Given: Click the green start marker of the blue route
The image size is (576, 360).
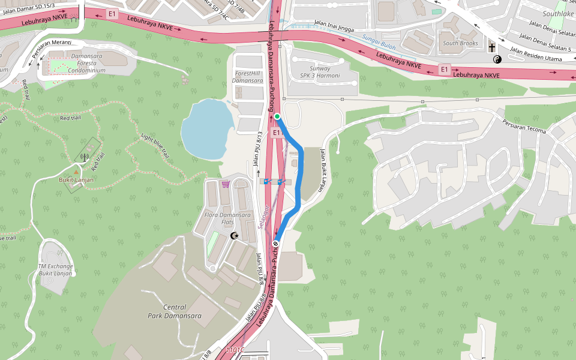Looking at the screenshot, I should [277, 116].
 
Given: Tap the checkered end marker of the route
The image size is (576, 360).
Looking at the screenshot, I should [275, 244].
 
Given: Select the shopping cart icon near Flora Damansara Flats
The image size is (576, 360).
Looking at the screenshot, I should [226, 184].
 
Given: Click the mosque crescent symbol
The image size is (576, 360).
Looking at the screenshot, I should [235, 236].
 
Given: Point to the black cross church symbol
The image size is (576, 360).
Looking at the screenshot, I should [492, 48].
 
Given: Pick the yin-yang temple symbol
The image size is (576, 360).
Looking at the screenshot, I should [497, 59].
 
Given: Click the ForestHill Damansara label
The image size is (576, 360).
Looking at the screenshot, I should [248, 77].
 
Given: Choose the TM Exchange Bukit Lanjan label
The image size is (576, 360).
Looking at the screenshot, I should [55, 270].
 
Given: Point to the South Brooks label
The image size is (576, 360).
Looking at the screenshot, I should [460, 43].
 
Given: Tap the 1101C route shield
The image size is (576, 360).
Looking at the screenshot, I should [235, 350].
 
